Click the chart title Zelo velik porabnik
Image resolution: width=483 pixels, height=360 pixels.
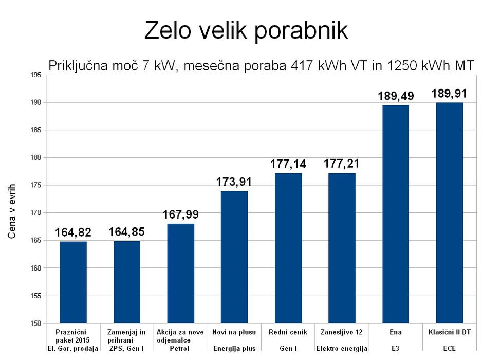tap(246, 31)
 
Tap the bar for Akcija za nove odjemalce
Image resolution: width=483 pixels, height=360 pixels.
tap(180, 273)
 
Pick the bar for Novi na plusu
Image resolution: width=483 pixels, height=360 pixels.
tap(234, 257)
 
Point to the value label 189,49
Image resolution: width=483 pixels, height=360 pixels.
tap(396, 96)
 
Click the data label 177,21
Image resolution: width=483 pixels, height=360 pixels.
tap(342, 164)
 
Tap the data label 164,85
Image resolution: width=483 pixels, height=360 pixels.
tap(127, 232)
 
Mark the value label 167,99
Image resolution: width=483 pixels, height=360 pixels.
tap(180, 214)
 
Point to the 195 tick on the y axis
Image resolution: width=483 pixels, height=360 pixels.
tap(36, 75)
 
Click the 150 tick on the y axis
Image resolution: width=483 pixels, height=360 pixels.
tap(36, 323)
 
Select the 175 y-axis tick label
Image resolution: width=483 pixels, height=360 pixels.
tap(36, 186)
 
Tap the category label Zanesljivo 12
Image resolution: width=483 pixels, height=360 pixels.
tap(342, 332)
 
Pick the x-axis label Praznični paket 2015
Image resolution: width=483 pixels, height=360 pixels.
tap(73, 336)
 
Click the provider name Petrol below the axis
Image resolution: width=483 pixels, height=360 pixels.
tap(180, 349)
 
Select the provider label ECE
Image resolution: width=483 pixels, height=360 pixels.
tap(449, 349)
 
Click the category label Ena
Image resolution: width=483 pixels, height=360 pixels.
tap(396, 332)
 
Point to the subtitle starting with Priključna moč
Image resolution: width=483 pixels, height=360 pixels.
tap(261, 65)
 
